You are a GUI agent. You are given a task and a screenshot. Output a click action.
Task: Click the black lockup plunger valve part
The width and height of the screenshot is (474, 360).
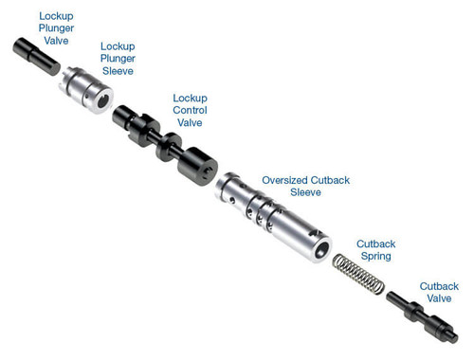[x=37, y=55]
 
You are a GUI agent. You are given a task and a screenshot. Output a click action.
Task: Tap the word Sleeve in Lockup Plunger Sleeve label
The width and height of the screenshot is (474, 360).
[x=118, y=70]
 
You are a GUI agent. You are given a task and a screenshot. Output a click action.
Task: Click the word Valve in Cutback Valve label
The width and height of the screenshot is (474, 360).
[x=439, y=299]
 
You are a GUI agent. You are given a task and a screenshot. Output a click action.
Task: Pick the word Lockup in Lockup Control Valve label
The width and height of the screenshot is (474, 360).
[x=190, y=98]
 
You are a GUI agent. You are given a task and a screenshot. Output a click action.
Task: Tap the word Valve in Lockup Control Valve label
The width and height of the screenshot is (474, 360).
[x=190, y=123]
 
